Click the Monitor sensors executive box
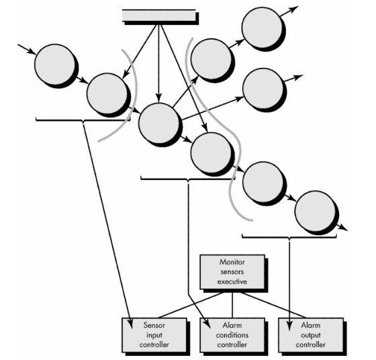click(232, 272)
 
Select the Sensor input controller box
click(154, 335)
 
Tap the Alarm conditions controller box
click(232, 335)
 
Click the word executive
click(232, 281)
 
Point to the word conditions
click(232, 335)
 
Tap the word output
click(310, 335)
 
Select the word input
click(154, 335)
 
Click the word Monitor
click(232, 262)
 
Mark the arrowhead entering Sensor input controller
click(131, 324)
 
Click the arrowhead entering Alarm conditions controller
click(207, 324)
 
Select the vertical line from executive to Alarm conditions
click(232, 305)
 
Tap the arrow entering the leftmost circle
click(27, 49)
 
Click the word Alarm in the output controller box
click(311, 326)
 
